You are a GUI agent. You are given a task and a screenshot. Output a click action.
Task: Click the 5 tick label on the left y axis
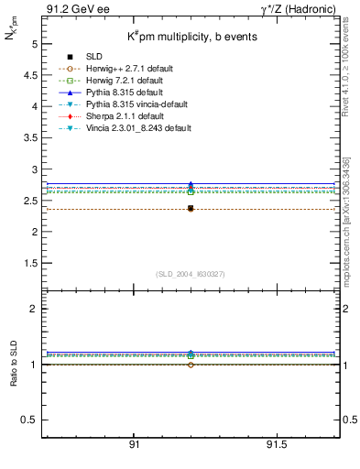(34, 44)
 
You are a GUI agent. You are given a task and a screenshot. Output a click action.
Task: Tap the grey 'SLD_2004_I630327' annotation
(191, 274)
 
